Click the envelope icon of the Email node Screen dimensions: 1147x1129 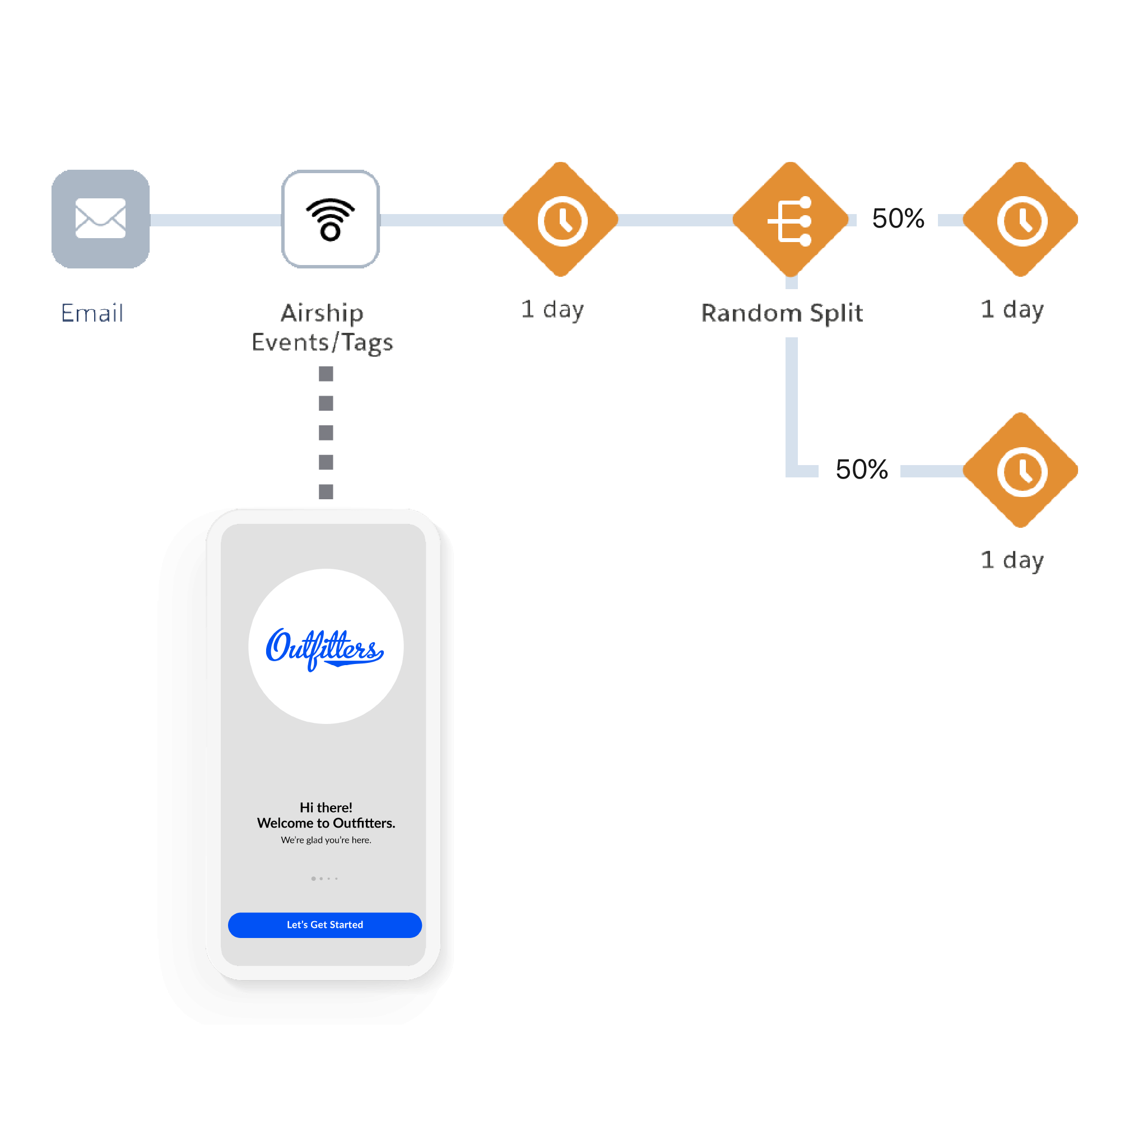coord(100,219)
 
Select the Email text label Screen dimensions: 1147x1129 coord(92,313)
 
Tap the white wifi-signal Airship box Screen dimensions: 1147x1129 coord(330,219)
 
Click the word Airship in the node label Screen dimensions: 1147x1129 coord(322,313)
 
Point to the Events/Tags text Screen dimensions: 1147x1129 coord(322,342)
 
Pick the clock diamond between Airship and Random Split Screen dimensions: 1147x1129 coord(560,220)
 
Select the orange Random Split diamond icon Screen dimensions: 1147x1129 coord(791,220)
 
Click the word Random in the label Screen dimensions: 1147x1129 coord(751,313)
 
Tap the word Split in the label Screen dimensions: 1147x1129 coord(836,313)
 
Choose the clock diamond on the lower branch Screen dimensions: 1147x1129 coord(1020,470)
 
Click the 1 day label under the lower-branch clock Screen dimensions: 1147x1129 coord(1012,559)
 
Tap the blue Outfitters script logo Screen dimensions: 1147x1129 coord(325,648)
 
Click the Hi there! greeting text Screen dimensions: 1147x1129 coord(326,807)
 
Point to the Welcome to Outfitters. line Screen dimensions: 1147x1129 coord(326,823)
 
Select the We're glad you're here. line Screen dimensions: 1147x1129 coord(326,840)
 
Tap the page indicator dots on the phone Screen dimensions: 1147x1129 coord(324,879)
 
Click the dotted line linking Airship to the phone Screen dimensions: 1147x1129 coord(326,433)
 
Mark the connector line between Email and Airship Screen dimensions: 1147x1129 coord(215,220)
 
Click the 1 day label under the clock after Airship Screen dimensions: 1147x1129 coord(552,309)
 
